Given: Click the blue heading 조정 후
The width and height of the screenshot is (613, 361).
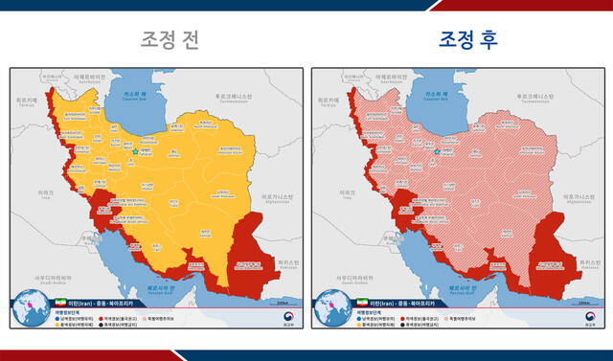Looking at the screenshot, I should pyautogui.click(x=469, y=39).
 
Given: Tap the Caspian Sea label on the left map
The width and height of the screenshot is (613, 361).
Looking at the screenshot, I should pyautogui.click(x=131, y=94).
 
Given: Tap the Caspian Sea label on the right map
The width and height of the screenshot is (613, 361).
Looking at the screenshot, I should pyautogui.click(x=433, y=94).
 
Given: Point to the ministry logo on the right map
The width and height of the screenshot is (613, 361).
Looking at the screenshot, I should pyautogui.click(x=577, y=313).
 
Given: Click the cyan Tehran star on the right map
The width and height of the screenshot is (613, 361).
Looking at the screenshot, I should pyautogui.click(x=437, y=151).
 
